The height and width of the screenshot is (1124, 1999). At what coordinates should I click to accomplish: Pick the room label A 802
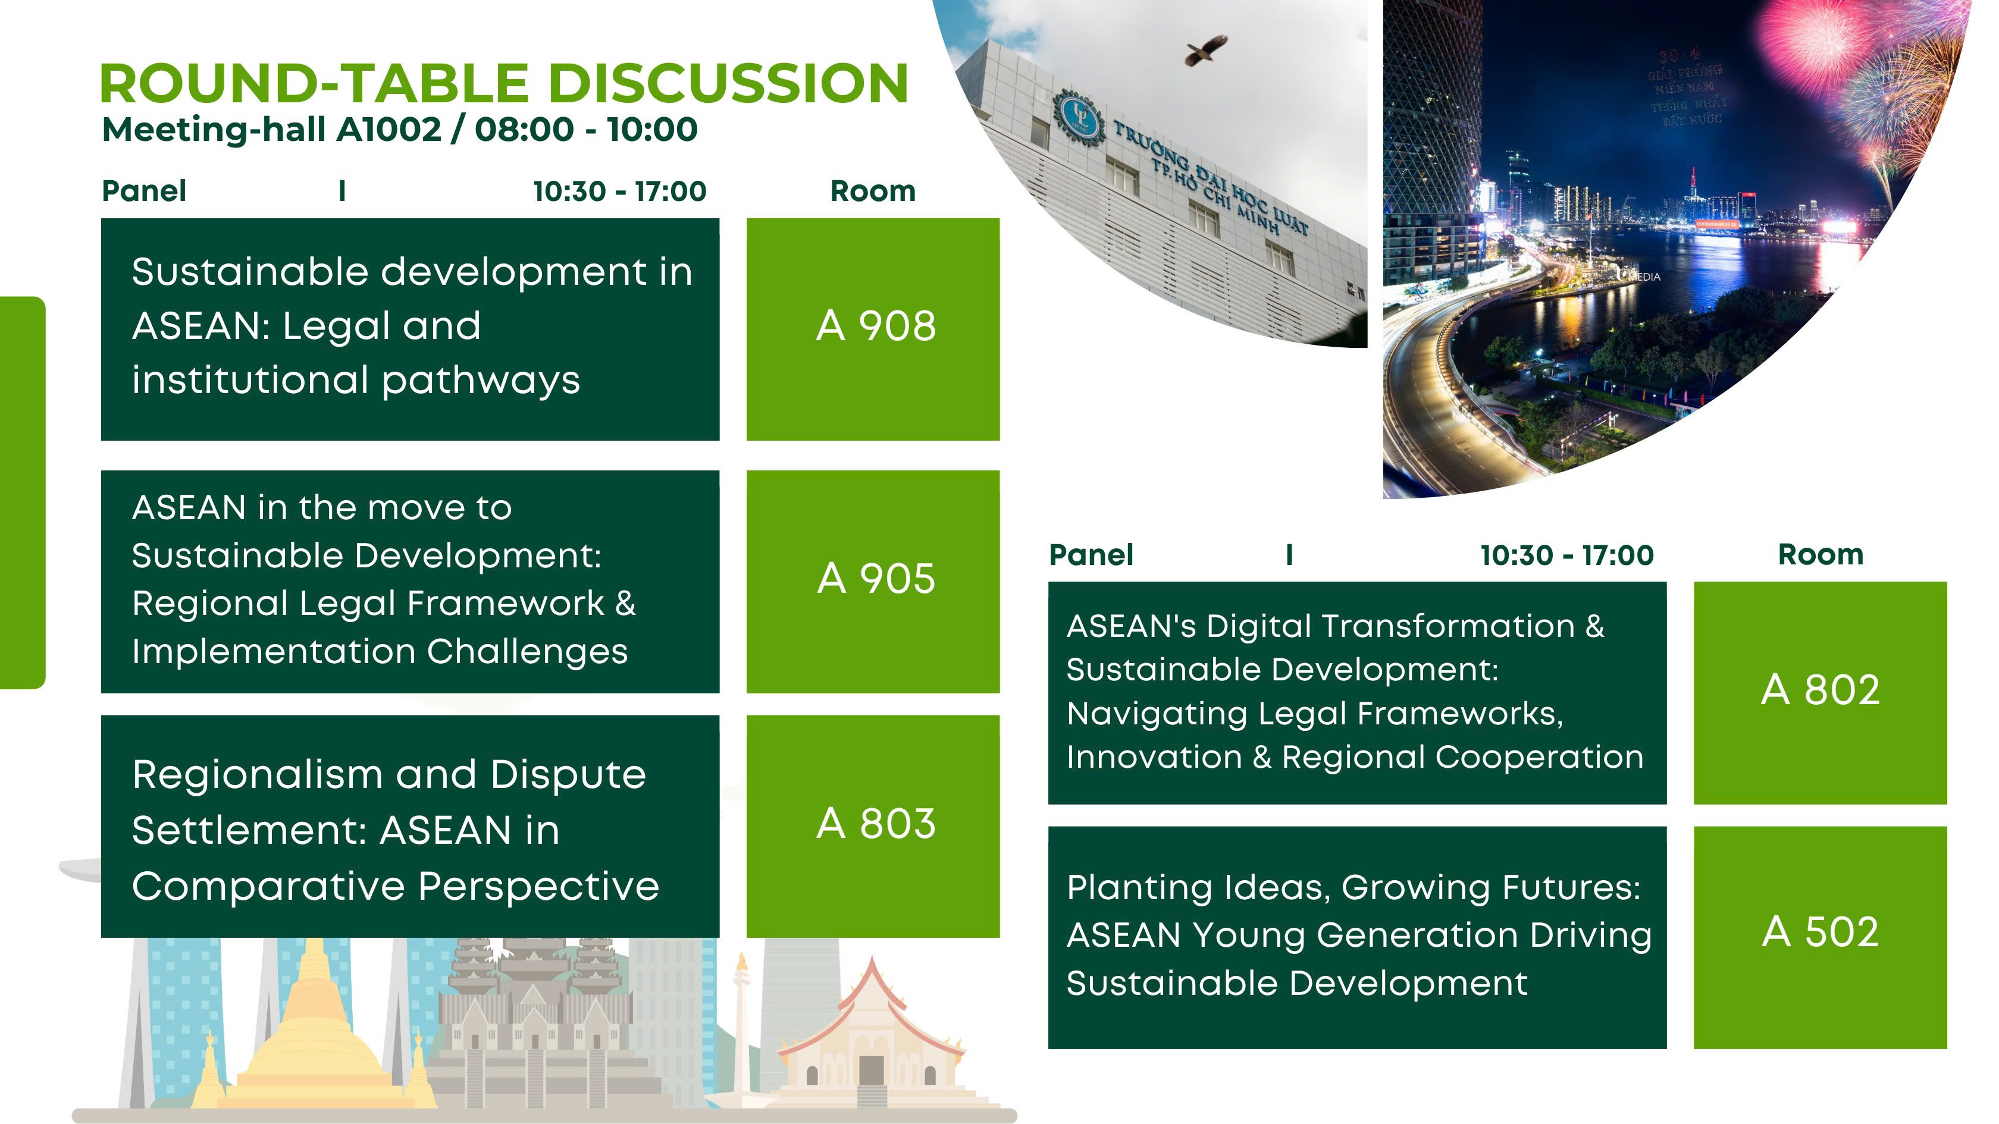tap(1821, 690)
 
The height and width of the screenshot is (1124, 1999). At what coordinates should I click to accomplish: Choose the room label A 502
tap(1821, 932)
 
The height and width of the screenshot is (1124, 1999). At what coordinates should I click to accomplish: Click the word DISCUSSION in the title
tap(729, 83)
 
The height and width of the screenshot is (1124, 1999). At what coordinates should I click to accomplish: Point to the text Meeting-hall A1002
tap(272, 130)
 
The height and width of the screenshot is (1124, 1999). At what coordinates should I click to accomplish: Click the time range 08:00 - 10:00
tap(586, 130)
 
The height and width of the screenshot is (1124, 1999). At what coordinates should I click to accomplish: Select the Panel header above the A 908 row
tap(145, 191)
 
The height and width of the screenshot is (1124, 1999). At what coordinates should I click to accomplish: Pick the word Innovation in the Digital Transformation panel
tap(1154, 757)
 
